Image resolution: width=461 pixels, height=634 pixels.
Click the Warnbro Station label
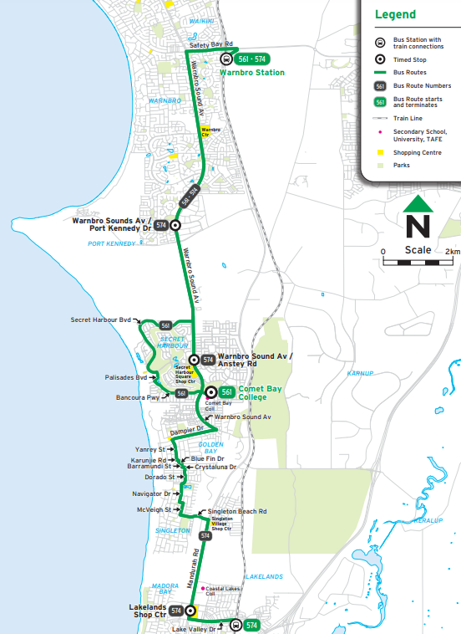point(251,73)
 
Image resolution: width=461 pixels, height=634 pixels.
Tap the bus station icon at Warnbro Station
point(226,59)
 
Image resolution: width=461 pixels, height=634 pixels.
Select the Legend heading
point(395,15)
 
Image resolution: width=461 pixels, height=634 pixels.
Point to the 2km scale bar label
point(453,251)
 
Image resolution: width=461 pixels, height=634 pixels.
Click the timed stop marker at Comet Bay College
point(211,391)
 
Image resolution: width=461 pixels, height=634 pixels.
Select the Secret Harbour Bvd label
point(102,320)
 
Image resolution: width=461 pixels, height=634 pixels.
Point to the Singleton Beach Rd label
point(238,511)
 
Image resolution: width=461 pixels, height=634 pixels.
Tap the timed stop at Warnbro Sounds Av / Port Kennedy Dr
point(175,225)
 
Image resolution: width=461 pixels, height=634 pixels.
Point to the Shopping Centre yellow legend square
point(380,152)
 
